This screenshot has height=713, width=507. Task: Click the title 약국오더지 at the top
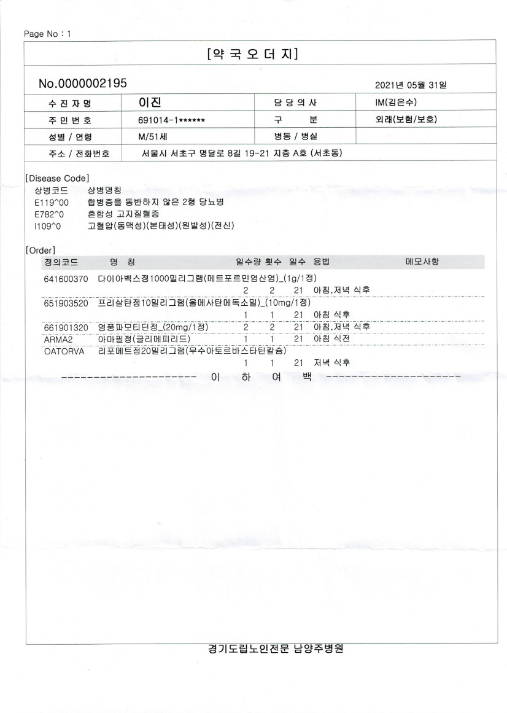pos(253,54)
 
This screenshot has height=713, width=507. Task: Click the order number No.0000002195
pos(82,83)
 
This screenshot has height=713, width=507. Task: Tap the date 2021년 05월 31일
pos(411,84)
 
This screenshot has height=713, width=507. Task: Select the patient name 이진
pos(150,101)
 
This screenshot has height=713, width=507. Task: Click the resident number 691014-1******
pos(171,120)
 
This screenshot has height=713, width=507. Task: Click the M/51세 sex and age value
pos(153,136)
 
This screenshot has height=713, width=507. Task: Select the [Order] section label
pos(41,250)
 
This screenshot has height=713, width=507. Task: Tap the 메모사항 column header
pos(422,262)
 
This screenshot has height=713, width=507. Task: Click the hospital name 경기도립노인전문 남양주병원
pos(275,649)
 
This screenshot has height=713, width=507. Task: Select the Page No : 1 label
pos(47,33)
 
